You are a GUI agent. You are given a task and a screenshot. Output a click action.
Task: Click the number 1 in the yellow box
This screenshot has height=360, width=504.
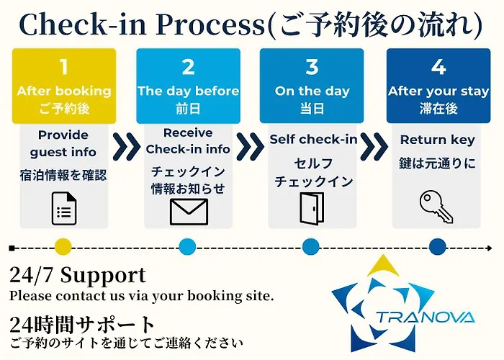(63, 68)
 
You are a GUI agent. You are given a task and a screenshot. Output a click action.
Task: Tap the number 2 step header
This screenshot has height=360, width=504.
(188, 68)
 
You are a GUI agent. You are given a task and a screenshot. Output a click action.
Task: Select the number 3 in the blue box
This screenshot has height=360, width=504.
(312, 68)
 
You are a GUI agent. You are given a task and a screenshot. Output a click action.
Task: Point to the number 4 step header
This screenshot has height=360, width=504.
(438, 68)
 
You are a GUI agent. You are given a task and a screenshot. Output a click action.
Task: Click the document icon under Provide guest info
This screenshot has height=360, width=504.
(63, 209)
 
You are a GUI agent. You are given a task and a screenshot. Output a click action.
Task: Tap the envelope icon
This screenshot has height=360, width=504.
(188, 211)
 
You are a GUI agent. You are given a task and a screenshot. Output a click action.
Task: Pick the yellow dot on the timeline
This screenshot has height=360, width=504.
(63, 248)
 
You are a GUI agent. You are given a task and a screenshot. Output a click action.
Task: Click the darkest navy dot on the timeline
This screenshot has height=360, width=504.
(438, 248)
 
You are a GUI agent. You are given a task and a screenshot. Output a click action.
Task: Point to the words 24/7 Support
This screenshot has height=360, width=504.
(78, 274)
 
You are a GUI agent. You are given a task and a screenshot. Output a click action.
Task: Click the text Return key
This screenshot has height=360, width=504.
(438, 140)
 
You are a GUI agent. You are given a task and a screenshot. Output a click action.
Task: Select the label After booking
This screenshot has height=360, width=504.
(63, 91)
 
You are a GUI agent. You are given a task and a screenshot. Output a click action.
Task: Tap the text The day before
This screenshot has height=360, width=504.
(188, 91)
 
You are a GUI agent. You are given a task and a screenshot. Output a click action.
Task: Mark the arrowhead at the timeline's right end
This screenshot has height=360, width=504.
(490, 248)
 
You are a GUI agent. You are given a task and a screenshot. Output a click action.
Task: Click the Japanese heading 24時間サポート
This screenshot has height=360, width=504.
(83, 325)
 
